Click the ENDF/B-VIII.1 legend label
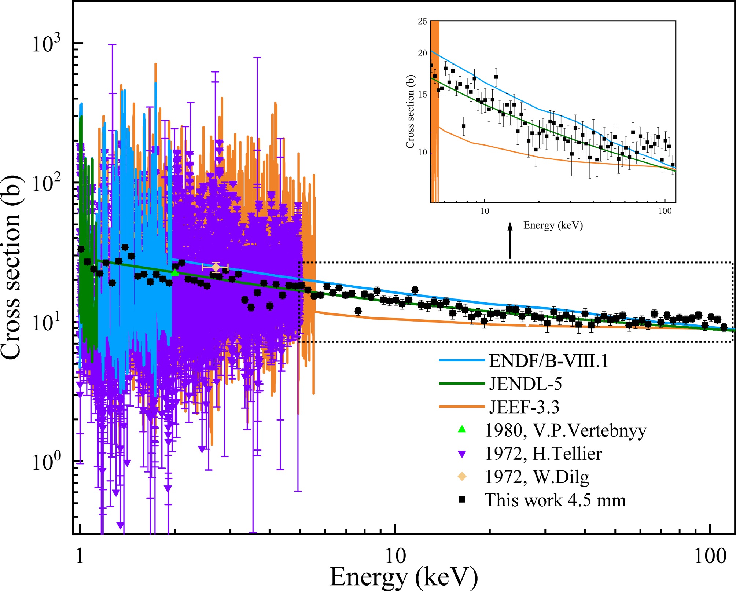549,361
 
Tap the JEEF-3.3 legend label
524,407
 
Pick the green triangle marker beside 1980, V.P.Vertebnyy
462,429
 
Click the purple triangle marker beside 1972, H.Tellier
462,454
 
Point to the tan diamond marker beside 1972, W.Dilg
462,477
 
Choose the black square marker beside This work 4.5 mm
462,500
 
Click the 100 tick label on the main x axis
710,557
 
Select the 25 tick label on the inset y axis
422,21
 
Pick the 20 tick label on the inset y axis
422,53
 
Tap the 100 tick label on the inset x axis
665,211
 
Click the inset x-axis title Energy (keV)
553,225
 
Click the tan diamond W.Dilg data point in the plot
216,267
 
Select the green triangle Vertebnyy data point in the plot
175,273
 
